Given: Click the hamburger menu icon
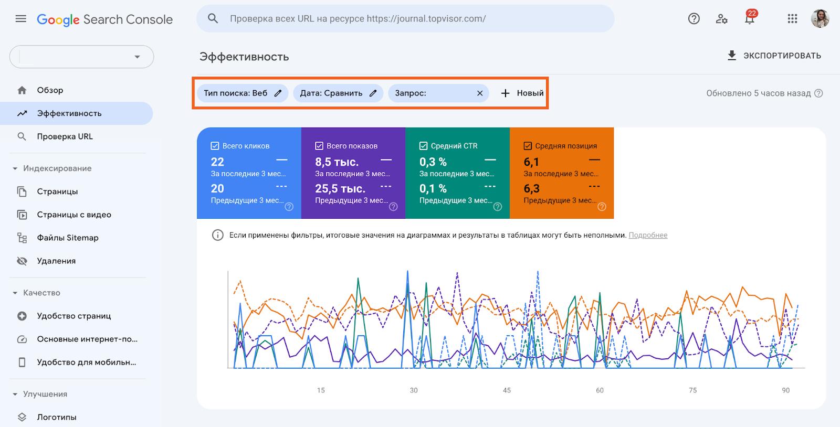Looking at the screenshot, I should [21, 19].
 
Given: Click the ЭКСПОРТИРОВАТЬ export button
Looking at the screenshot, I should [774, 56].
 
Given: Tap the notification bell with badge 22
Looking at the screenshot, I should [750, 19].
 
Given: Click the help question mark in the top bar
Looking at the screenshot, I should [694, 19].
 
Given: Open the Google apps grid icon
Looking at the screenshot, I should [792, 19].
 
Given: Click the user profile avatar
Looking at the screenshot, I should [820, 19].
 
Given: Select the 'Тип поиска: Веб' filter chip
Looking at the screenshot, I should [236, 93].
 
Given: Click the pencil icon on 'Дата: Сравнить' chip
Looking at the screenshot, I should [373, 93].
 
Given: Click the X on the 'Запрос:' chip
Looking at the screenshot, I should [480, 93].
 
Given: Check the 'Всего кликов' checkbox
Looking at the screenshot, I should [215, 146].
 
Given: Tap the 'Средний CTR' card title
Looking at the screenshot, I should [454, 146].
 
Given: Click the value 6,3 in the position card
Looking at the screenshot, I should [531, 189].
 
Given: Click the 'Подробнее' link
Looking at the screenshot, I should [648, 236].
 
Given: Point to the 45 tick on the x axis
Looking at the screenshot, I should [507, 390].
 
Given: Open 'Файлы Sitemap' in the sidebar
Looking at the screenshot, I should [68, 238].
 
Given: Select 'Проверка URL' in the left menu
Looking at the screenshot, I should [65, 136].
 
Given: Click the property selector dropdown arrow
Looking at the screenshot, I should [137, 57].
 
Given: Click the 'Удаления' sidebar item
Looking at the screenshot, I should [56, 261].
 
